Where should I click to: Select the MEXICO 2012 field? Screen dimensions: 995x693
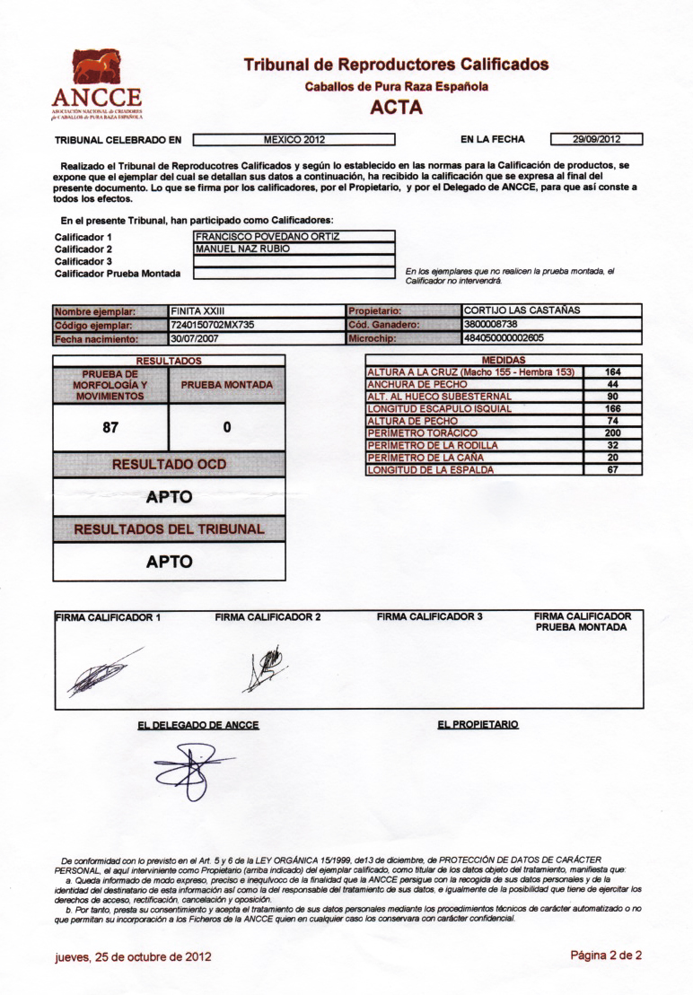pyautogui.click(x=294, y=139)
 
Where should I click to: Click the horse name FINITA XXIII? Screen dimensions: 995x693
pyautogui.click(x=199, y=311)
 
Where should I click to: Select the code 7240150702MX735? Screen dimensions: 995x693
pyautogui.click(x=216, y=325)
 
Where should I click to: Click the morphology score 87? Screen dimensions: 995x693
pyautogui.click(x=110, y=428)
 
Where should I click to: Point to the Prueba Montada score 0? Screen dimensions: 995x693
pyautogui.click(x=227, y=428)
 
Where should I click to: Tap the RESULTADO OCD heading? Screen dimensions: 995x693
pyautogui.click(x=169, y=465)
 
